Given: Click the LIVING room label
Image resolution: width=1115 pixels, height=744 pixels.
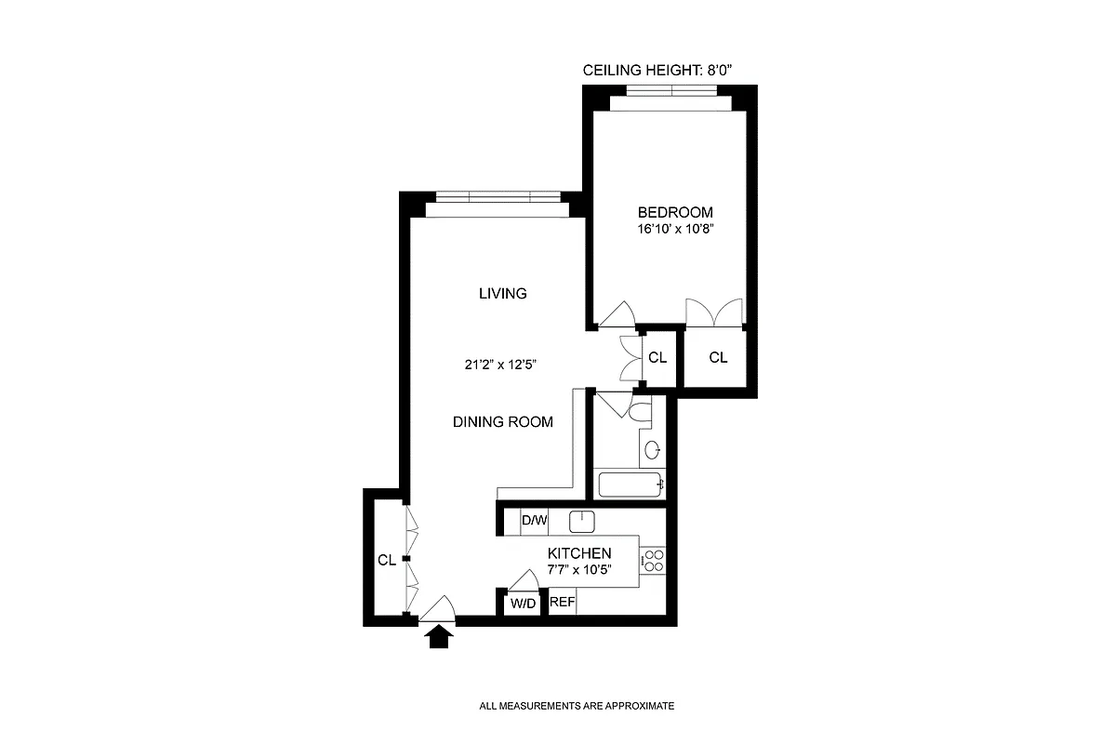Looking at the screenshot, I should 502,294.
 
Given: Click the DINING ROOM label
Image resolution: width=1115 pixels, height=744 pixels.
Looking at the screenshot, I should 502,421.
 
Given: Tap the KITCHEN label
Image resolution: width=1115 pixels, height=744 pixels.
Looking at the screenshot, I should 579,553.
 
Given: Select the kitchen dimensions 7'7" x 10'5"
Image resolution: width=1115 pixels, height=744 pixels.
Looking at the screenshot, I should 579,569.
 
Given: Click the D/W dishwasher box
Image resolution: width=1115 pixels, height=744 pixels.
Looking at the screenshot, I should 534,521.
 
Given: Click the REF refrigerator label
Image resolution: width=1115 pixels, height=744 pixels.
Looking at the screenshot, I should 562,603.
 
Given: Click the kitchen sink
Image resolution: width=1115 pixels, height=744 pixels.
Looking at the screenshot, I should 581,521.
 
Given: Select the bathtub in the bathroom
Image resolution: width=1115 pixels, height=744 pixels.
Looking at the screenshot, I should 631,485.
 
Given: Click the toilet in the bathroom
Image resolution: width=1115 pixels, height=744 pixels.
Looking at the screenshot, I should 643,409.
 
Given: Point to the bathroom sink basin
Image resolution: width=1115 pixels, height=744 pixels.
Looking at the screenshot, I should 654,450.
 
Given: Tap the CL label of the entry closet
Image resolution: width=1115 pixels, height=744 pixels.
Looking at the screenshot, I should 387,560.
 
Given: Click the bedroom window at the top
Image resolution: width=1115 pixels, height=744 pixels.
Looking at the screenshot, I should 670,91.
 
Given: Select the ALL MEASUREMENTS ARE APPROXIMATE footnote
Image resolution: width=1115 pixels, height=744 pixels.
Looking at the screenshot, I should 576,706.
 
